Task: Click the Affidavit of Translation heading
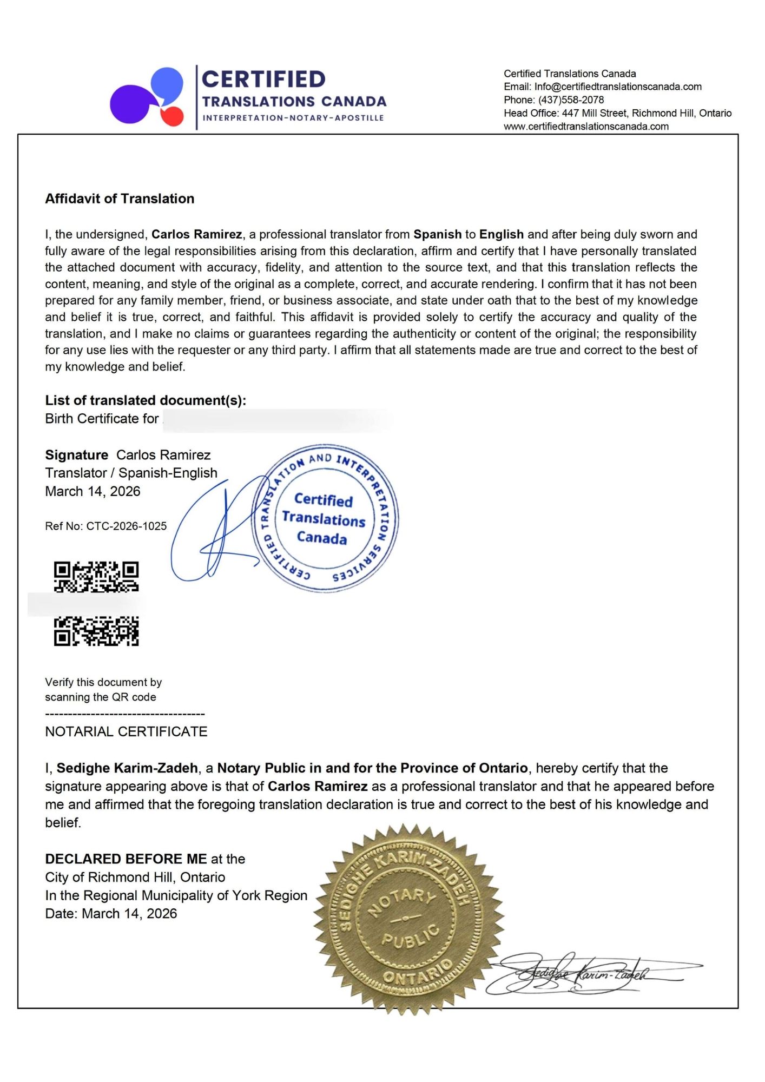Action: click(120, 199)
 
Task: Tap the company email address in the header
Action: click(618, 87)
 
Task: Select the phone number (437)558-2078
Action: click(571, 100)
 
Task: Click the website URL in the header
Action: click(586, 126)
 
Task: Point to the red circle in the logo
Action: click(173, 116)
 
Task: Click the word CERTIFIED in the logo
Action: click(263, 80)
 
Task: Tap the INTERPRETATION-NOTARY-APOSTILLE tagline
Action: click(293, 118)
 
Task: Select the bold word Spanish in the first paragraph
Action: click(437, 234)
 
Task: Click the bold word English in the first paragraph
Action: click(501, 234)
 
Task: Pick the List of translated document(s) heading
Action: click(146, 400)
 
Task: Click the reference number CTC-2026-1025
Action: click(127, 526)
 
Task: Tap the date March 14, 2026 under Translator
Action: click(93, 491)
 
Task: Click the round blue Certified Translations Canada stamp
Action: click(325, 518)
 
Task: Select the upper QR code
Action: click(96, 576)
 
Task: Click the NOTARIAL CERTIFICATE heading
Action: click(126, 731)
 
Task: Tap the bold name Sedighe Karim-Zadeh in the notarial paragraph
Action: click(127, 768)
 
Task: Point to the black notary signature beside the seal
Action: click(590, 974)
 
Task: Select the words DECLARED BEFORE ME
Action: click(126, 859)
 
